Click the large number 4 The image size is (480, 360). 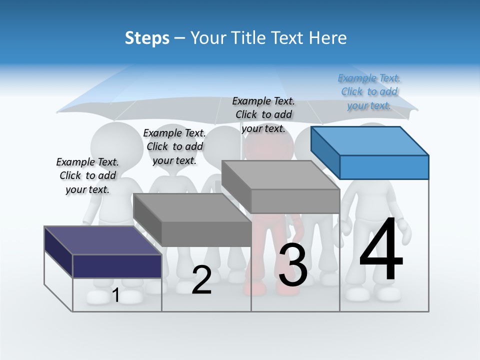coord(381,250)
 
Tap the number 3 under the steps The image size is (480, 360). coord(293,265)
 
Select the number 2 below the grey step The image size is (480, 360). coord(201,280)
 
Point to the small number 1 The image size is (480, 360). coord(116,295)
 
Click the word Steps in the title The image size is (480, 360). coord(147,38)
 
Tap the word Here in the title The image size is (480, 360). coord(328,38)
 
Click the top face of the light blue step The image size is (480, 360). coord(370,141)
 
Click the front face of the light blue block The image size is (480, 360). coord(384,167)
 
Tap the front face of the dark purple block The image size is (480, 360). coord(117,266)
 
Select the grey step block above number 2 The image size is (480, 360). coord(192,220)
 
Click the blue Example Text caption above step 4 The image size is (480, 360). coord(369,92)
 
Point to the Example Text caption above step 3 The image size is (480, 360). coord(263,115)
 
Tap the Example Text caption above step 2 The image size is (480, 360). coord(174,146)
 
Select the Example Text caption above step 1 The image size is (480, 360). coord(87,175)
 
